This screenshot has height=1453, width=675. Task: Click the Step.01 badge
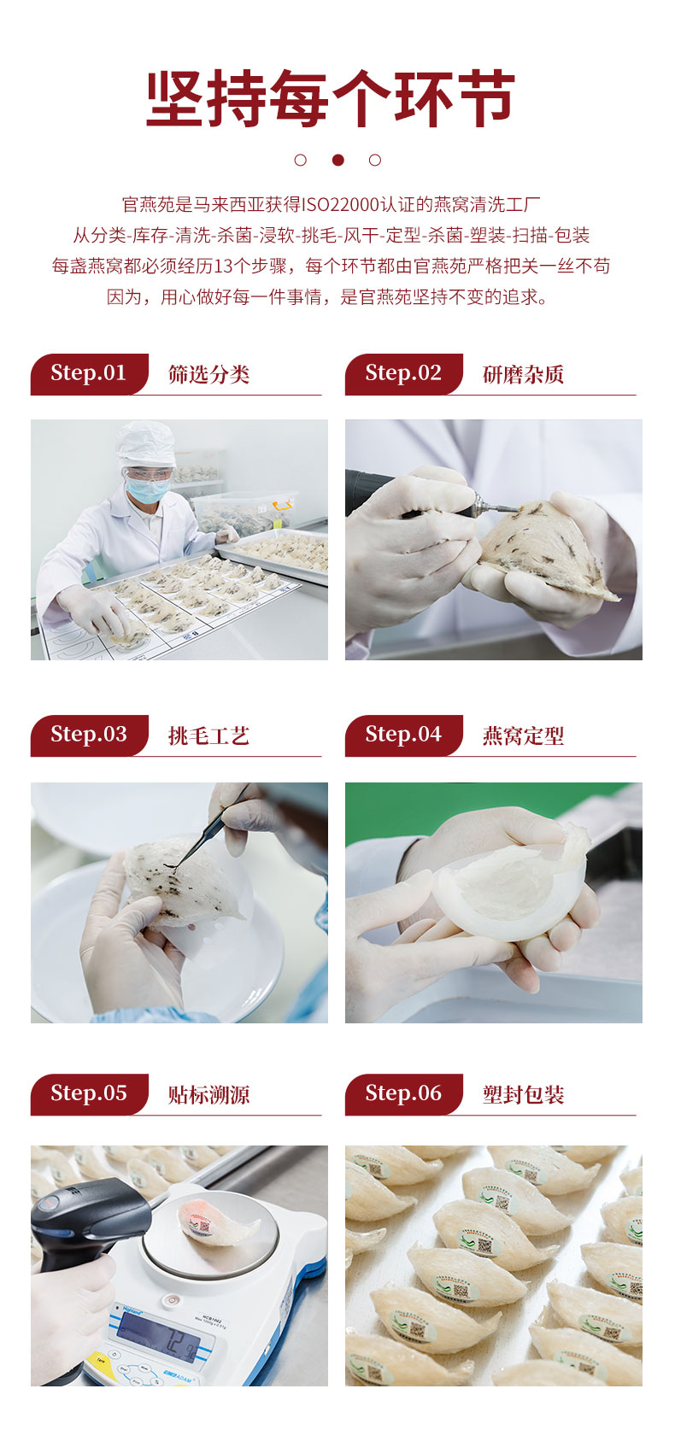click(89, 373)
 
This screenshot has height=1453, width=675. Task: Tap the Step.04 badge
click(403, 735)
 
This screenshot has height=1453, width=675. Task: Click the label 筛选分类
click(209, 374)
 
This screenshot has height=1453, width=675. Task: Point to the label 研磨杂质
click(523, 374)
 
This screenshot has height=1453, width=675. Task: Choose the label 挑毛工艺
click(209, 735)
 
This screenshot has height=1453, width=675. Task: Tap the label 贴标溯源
click(209, 1095)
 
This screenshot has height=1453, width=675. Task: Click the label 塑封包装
click(523, 1095)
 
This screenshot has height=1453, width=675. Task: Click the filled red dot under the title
click(337, 160)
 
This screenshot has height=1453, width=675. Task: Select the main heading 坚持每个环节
click(331, 98)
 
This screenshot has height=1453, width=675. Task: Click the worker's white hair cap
click(145, 443)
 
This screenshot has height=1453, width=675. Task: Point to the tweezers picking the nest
click(208, 828)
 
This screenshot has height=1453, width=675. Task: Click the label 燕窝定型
click(523, 735)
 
